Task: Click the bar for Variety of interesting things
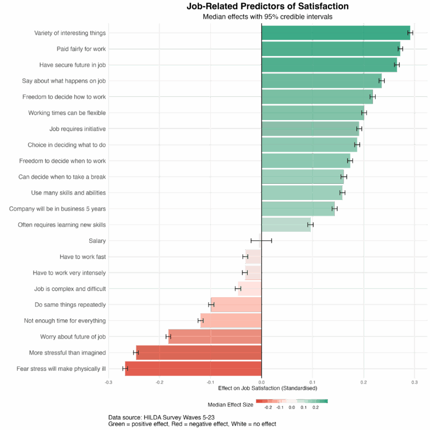(336, 33)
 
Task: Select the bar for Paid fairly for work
(331, 49)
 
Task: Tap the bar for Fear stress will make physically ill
(193, 369)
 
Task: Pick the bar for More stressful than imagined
(198, 353)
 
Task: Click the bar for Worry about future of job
(214, 337)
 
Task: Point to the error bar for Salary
(261, 241)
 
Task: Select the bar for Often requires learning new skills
(286, 225)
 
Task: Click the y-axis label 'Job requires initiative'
(77, 129)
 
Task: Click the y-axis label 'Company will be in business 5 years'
(58, 209)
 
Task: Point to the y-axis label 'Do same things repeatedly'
(70, 305)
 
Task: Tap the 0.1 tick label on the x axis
(312, 382)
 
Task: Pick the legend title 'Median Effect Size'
(230, 404)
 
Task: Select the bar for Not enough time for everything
(231, 321)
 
